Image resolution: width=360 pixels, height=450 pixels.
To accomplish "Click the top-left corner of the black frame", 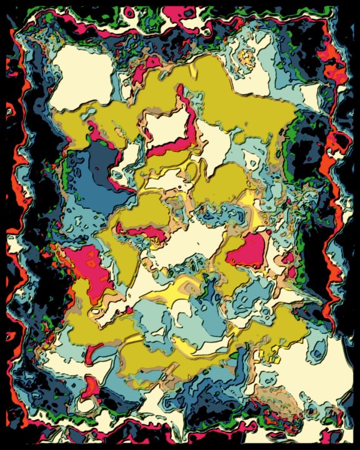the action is (2, 2).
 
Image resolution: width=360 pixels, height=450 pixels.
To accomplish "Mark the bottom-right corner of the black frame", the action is (357, 447).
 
